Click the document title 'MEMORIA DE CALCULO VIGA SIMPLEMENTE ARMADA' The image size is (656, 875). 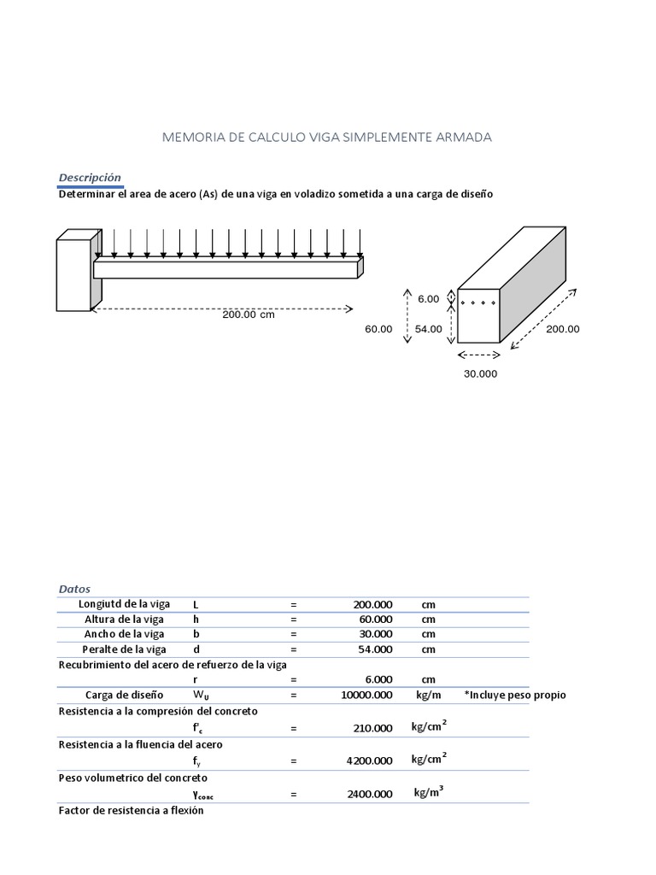[x=327, y=137]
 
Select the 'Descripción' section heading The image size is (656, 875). [x=90, y=178]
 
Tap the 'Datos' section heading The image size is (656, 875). [x=74, y=589]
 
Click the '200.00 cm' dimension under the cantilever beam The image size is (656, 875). [x=249, y=314]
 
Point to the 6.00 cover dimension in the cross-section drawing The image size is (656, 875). [x=428, y=298]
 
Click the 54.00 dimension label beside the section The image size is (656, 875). [x=429, y=329]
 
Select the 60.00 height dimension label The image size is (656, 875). [x=378, y=329]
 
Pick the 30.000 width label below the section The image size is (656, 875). [x=479, y=373]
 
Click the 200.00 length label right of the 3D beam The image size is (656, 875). [x=563, y=329]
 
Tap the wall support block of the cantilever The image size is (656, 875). [x=74, y=273]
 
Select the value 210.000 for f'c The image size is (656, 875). [x=373, y=729]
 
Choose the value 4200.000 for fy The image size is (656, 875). [x=369, y=760]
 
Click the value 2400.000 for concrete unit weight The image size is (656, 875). [x=369, y=794]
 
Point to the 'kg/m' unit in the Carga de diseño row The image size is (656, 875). [x=428, y=696]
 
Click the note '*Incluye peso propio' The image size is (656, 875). [x=514, y=696]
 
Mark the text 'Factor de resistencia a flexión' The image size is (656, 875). [x=131, y=810]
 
